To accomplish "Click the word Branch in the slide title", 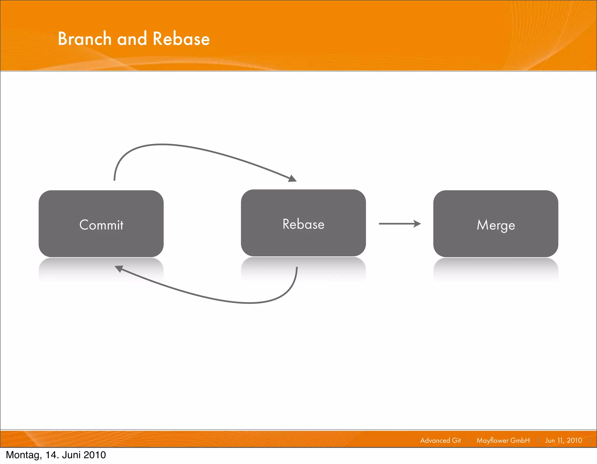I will click(85, 39).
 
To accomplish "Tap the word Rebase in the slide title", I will click(181, 39).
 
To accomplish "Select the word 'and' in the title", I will click(132, 39).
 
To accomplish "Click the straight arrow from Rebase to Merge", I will click(396, 224).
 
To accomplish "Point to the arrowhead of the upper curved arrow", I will click(292, 178).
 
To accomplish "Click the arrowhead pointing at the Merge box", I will click(417, 224).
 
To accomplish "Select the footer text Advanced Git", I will click(440, 440).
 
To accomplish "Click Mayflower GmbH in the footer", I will click(503, 440).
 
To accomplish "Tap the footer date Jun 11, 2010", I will click(563, 440).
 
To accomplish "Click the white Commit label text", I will click(101, 225).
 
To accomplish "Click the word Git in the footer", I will click(456, 440).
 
